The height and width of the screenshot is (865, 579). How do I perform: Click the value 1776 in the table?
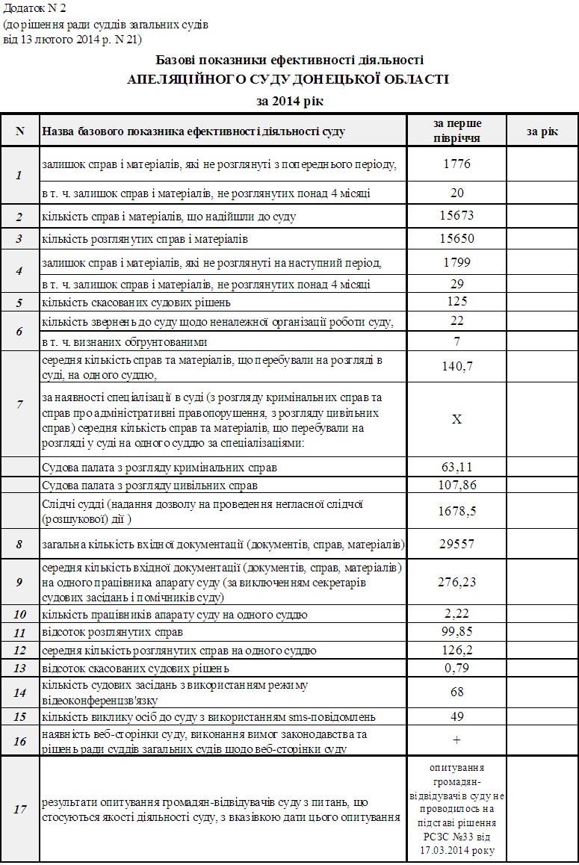tap(457, 163)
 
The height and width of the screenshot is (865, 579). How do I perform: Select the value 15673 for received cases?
tap(457, 216)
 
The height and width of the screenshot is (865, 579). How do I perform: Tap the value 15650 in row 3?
tap(457, 239)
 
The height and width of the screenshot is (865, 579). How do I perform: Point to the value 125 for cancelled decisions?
tap(457, 302)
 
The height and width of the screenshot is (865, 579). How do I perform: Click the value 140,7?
tap(457, 366)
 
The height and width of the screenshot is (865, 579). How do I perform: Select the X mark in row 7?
tap(457, 419)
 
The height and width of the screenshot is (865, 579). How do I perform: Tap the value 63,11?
tap(457, 468)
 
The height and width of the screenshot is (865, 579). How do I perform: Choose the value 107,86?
tap(457, 485)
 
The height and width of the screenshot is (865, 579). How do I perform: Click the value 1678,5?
tap(457, 511)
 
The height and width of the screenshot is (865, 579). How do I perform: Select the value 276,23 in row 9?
tap(457, 581)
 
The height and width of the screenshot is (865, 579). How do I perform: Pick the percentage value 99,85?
tap(457, 632)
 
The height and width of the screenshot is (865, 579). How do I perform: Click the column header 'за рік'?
tap(542, 131)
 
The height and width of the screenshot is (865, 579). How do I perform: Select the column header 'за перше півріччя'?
tap(457, 130)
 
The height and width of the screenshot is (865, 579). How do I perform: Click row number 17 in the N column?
tap(20, 809)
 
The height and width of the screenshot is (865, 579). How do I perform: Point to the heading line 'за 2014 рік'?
tap(289, 100)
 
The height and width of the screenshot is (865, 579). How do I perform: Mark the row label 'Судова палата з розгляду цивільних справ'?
tap(150, 486)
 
